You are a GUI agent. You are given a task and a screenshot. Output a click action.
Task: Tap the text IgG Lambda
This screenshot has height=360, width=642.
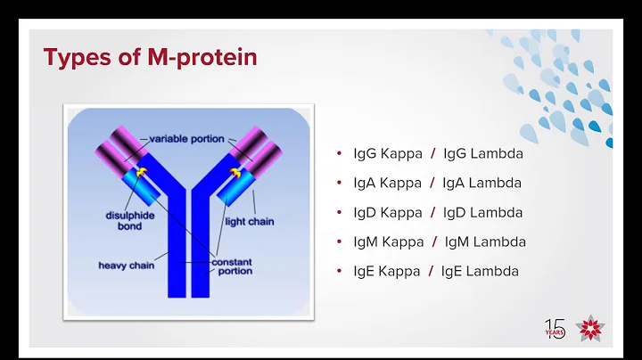pyautogui.click(x=482, y=153)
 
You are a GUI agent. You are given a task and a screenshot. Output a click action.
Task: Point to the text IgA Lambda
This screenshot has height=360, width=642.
pyautogui.click(x=481, y=183)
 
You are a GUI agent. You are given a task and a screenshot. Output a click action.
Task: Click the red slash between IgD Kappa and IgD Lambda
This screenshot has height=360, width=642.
pyautogui.click(x=432, y=212)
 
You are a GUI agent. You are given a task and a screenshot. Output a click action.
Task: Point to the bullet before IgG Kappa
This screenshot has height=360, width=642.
pyautogui.click(x=339, y=153)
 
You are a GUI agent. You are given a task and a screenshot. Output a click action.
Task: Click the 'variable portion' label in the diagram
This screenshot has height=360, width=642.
pyautogui.click(x=186, y=138)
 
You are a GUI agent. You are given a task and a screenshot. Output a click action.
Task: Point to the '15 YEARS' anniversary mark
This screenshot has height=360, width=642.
pyautogui.click(x=555, y=328)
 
